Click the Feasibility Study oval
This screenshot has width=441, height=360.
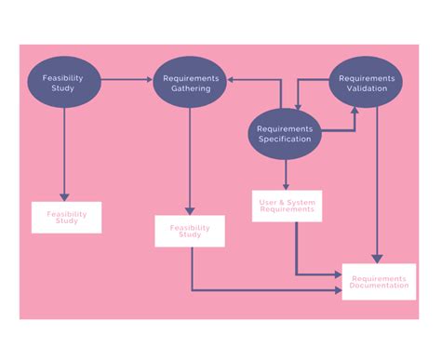(x=63, y=84)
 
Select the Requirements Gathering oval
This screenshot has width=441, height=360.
(x=190, y=84)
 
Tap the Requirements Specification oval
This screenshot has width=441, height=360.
(x=284, y=134)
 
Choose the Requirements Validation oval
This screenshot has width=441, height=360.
(x=366, y=84)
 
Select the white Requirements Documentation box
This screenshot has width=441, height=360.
(x=379, y=282)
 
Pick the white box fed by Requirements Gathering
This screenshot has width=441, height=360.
(x=190, y=231)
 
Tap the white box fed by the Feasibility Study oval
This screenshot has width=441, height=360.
(x=66, y=217)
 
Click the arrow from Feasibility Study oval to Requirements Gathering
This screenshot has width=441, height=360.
(x=126, y=80)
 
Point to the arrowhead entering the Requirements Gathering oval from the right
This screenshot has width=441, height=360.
(x=232, y=80)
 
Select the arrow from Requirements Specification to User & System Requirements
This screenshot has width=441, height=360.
(x=286, y=174)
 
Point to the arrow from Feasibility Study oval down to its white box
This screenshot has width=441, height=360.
(x=63, y=153)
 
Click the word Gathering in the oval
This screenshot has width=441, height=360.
(x=191, y=89)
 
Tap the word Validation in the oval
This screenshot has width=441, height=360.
(x=367, y=89)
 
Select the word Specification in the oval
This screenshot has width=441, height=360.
(x=284, y=140)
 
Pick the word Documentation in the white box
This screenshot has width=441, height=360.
(x=379, y=287)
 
